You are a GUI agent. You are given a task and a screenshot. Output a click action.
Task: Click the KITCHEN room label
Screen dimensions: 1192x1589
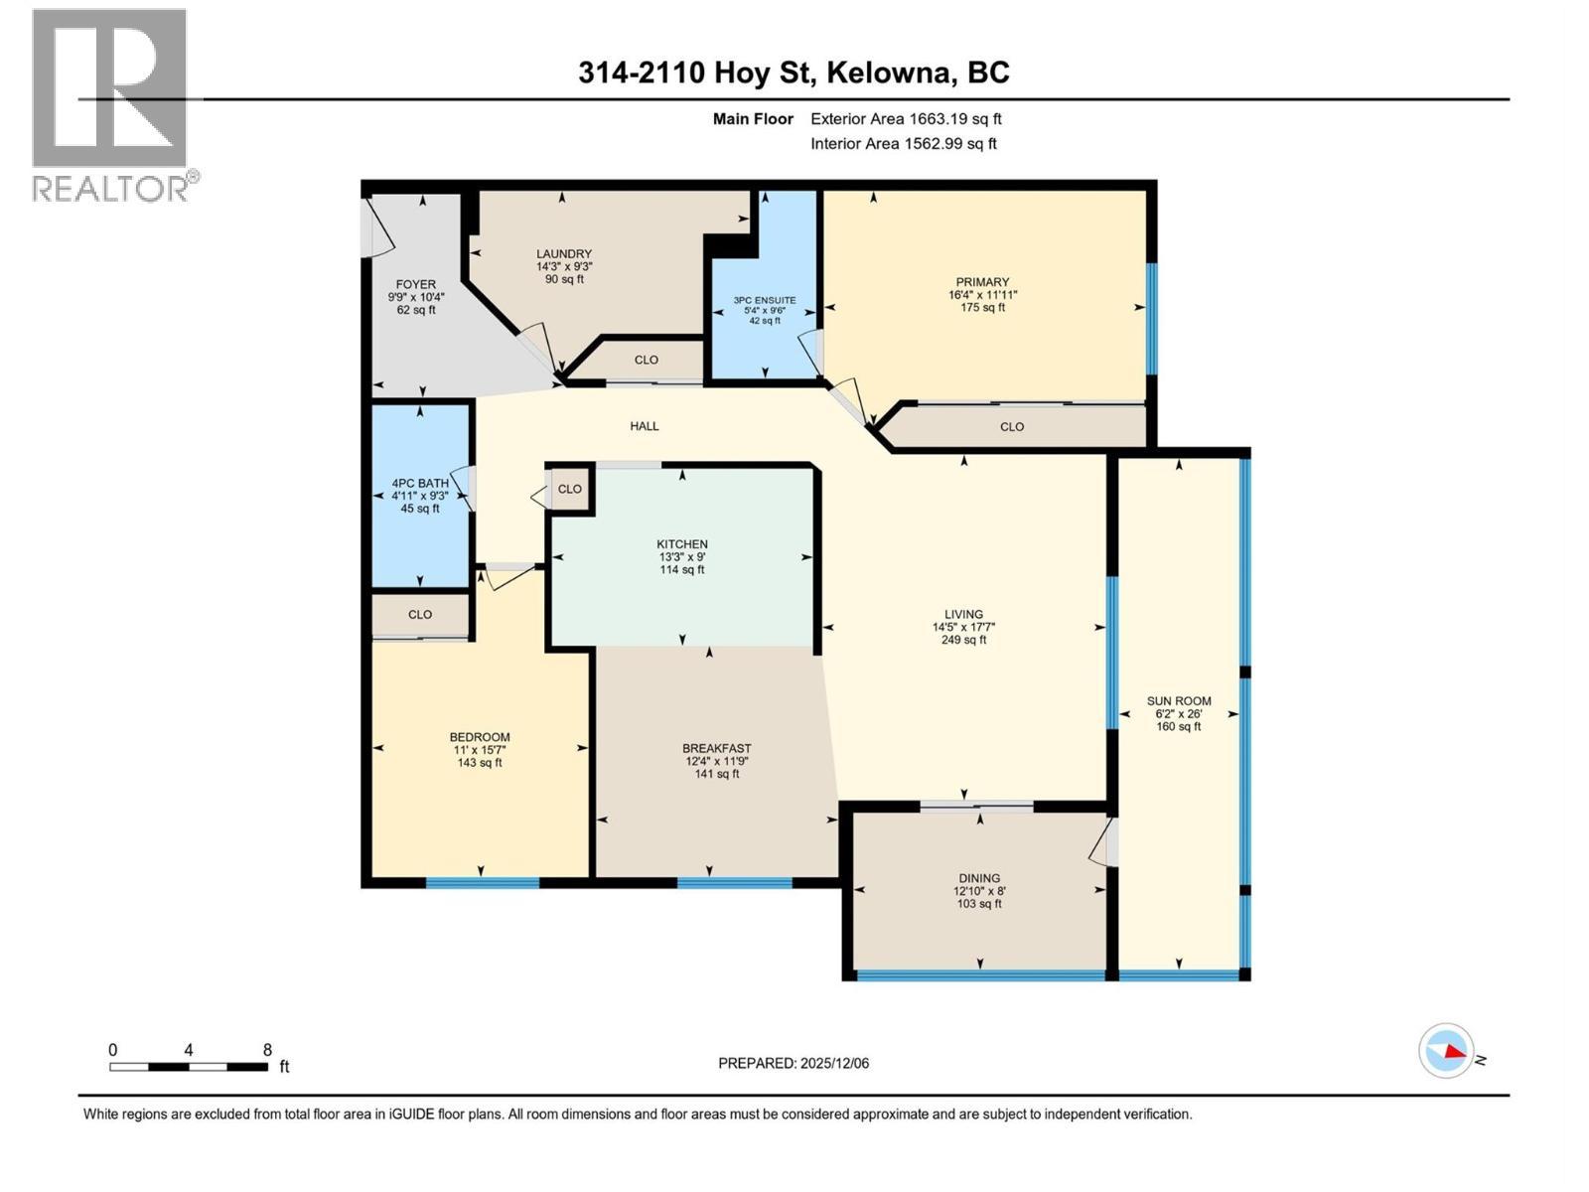coord(681,544)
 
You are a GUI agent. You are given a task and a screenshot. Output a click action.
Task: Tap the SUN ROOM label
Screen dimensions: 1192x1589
coord(1179,700)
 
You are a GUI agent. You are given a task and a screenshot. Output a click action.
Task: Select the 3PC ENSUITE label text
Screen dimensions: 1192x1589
coord(765,300)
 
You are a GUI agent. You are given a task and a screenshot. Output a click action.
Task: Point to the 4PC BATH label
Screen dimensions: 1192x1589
coord(420,484)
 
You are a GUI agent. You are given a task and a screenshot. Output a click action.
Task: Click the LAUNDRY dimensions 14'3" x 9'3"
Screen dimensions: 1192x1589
coord(564,266)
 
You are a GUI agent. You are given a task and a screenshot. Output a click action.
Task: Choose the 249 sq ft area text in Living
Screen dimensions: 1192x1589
coord(963,640)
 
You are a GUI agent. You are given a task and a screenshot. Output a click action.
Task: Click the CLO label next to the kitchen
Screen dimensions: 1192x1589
coord(569,489)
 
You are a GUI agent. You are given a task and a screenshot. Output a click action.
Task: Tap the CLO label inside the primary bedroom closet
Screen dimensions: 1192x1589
coord(1011,426)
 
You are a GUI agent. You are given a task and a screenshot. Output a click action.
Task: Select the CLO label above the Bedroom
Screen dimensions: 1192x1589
coord(420,614)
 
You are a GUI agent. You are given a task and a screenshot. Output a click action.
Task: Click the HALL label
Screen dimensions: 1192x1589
coord(644,426)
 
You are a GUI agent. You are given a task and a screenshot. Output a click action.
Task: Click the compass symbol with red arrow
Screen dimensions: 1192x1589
coord(1447,1051)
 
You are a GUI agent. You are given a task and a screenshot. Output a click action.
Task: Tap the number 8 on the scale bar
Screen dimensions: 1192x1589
coord(267,1049)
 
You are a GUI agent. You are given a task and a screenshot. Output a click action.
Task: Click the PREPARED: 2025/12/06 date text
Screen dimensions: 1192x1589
coord(794,1063)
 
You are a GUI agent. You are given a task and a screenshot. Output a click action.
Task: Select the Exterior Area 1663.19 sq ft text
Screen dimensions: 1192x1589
coord(906,118)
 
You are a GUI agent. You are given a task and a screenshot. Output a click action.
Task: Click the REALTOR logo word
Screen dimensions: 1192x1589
coord(111,188)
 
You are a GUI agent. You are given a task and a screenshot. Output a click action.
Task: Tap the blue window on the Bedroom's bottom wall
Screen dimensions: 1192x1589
coord(483,882)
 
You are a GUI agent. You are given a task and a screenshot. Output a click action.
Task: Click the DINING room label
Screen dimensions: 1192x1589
coord(979,878)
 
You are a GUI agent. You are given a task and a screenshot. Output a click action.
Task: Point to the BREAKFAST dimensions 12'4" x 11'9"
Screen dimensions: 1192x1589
coord(716,761)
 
